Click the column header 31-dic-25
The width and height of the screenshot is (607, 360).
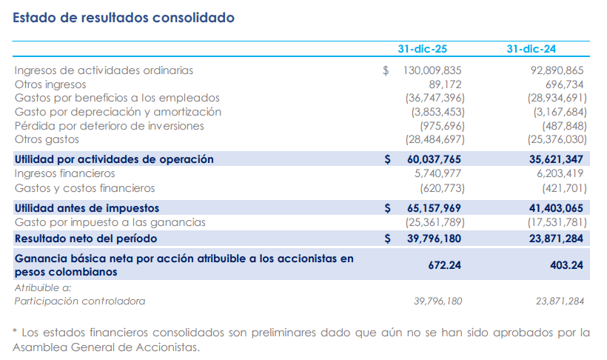[422, 50]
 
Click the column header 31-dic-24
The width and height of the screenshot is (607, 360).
[531, 50]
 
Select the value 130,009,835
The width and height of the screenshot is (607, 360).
[432, 70]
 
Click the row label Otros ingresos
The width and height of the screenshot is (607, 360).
[50, 84]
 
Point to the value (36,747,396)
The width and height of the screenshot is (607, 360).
[434, 98]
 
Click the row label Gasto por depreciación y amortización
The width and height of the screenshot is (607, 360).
[118, 112]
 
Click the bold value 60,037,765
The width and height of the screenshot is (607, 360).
[434, 159]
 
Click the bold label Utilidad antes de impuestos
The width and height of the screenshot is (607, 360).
[87, 208]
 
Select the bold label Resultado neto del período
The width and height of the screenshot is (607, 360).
[86, 239]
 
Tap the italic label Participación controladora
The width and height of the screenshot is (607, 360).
[80, 301]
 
